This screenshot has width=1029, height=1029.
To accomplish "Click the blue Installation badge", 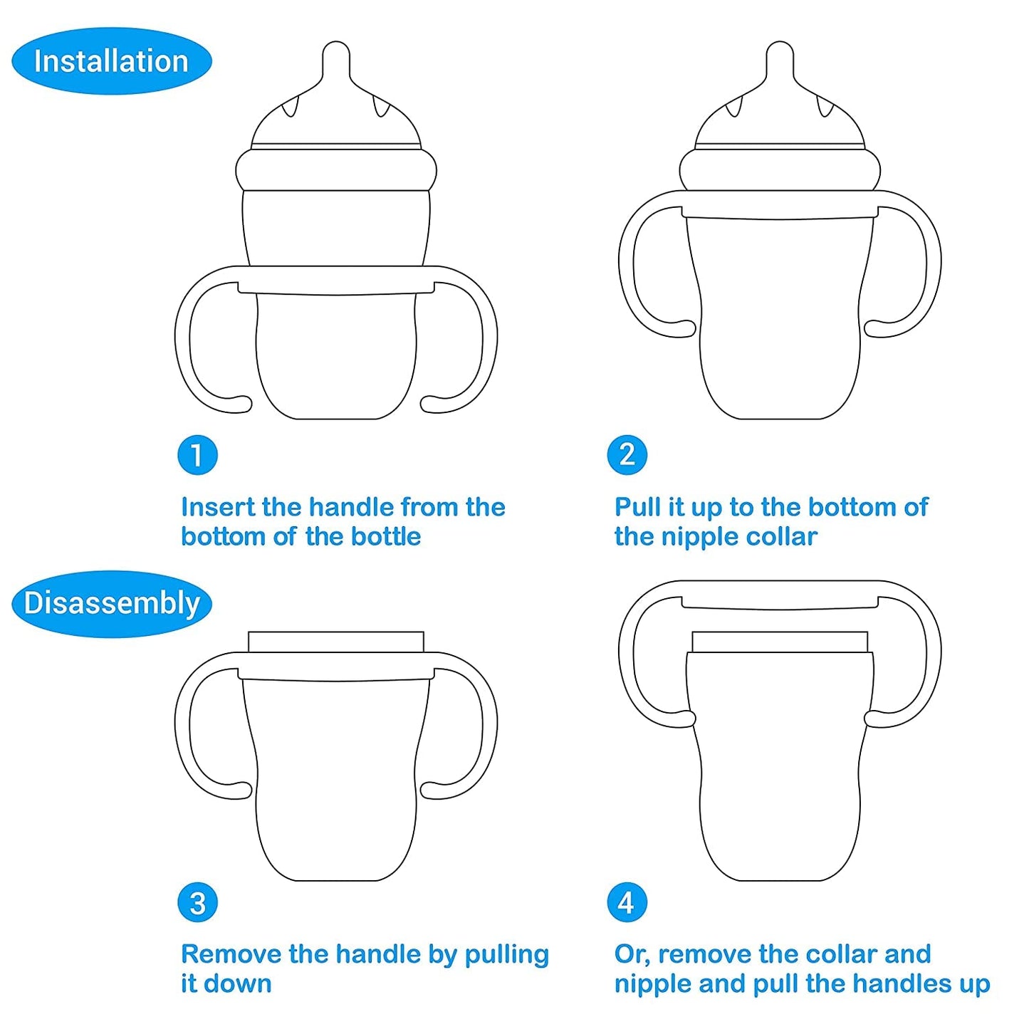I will pos(111,61).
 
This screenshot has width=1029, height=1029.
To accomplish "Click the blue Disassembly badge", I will pos(112,603).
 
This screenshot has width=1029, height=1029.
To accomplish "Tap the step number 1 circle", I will pos(197,455).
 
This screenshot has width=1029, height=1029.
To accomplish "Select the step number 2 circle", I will pos(627,455).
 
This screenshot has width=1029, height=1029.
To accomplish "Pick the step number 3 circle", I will pos(197,903).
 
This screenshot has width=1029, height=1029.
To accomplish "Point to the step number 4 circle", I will pos(627,903).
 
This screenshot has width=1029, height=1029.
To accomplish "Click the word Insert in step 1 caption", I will pos(218,507).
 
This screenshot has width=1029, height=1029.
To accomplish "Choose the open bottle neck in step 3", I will pos(336,642).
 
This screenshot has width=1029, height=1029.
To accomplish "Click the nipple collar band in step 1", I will pos(336,169).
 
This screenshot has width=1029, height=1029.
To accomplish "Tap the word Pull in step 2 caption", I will pos(637,507).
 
